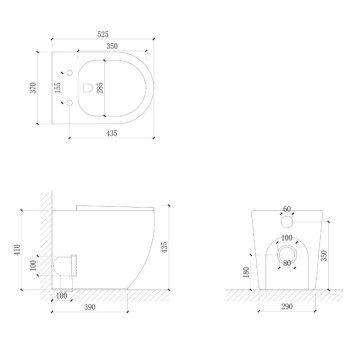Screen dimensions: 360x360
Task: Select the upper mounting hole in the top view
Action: click(69, 71)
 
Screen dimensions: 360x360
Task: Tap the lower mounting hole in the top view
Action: click(69, 105)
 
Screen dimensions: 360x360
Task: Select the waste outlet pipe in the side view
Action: click(68, 265)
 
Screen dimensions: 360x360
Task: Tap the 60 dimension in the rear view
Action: click(287, 209)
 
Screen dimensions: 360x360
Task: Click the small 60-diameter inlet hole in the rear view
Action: click(287, 221)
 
